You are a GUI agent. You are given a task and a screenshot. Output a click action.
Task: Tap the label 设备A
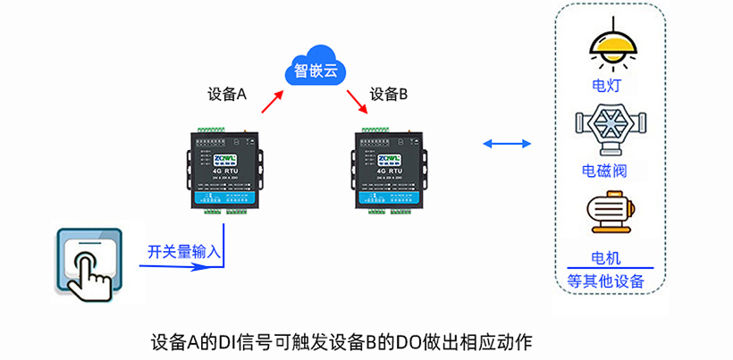coord(226,94)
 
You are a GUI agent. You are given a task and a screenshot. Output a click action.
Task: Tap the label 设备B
coord(389,94)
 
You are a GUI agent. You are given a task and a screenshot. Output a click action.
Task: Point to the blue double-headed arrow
coord(505,143)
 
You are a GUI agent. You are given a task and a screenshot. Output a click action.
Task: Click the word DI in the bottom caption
coord(232,342)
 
